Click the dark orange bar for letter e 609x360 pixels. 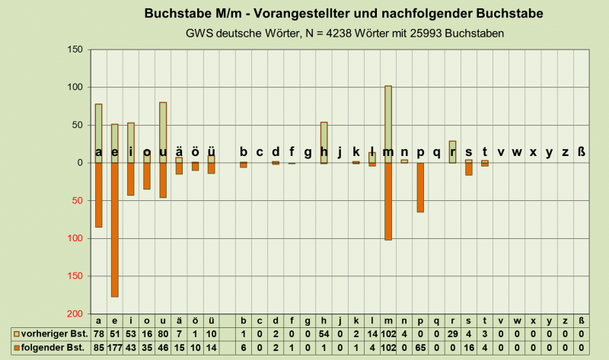click(115, 229)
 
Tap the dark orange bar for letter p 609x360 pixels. click(420, 187)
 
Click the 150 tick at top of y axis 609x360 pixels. click(75, 50)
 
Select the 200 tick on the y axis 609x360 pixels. click(75, 314)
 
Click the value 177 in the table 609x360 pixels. click(115, 348)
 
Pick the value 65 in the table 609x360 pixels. click(420, 348)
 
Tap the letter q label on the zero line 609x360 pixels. click(436, 152)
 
